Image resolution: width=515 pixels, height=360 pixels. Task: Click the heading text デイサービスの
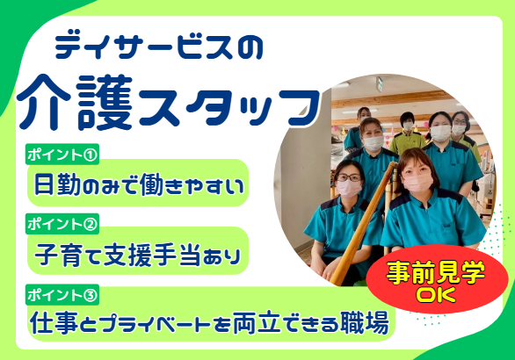pyautogui.click(x=158, y=46)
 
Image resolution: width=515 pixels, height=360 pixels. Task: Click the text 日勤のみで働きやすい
pyautogui.click(x=136, y=184)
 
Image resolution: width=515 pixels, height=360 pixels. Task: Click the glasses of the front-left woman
pyautogui.click(x=347, y=176)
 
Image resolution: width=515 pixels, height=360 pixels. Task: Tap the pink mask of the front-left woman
pyautogui.click(x=349, y=187)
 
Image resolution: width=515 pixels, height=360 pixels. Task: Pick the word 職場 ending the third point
pyautogui.click(x=365, y=323)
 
